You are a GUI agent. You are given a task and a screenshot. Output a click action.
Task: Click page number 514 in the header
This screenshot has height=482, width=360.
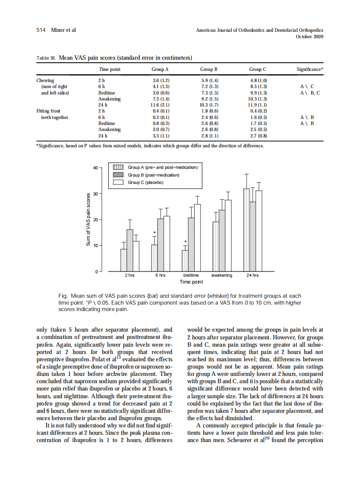[41, 30]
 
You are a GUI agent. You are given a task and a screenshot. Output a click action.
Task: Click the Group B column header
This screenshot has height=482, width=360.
[209, 69]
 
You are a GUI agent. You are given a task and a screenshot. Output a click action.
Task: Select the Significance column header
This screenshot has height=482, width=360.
[310, 69]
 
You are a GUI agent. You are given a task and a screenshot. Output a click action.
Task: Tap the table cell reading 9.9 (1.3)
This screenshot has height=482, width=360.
[258, 93]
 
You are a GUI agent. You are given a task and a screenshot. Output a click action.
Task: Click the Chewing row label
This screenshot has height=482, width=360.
[45, 80]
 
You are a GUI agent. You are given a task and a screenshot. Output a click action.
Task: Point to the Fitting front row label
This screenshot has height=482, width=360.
[49, 111]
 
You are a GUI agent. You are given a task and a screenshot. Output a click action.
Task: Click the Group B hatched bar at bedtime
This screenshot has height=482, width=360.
[191, 244]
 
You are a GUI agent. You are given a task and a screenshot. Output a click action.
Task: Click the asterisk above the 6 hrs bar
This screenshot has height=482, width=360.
[154, 233]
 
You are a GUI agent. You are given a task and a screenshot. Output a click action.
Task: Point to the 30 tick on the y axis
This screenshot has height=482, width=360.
[95, 194]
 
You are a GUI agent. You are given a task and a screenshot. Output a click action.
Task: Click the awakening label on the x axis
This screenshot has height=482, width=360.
[222, 275]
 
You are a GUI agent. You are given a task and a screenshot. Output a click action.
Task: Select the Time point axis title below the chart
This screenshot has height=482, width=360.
[191, 282]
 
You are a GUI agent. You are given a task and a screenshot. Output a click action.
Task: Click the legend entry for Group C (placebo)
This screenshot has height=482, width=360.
[146, 182]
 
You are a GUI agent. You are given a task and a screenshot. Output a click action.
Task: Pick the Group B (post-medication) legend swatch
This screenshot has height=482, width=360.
[118, 175]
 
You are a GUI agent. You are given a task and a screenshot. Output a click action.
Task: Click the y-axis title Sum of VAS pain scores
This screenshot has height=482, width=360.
[88, 219]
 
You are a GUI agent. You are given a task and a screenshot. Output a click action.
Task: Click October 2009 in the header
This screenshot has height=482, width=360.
[309, 37]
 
